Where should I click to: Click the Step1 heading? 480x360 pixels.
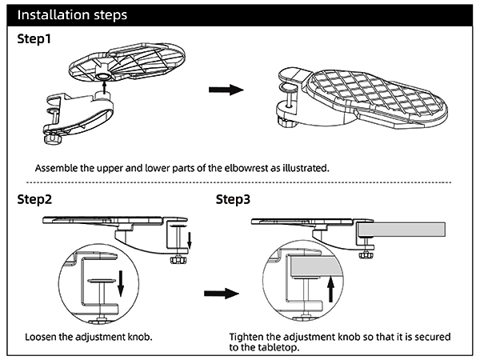(33, 39)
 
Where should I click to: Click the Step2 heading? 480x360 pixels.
(34, 199)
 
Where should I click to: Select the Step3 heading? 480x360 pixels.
(238, 199)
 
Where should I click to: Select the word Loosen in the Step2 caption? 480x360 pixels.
(42, 337)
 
